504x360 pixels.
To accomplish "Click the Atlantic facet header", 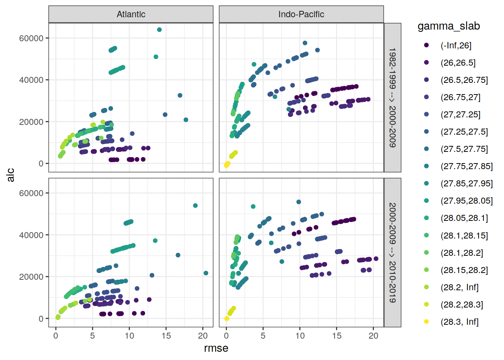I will pyautogui.click(x=131, y=14).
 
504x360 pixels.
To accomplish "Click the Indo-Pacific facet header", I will pyautogui.click(x=301, y=14).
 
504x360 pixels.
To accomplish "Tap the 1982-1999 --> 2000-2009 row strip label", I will pyautogui.click(x=392, y=97).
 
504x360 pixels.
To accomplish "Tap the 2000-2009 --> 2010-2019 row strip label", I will pyautogui.click(x=392, y=252).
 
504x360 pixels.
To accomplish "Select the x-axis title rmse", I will pyautogui.click(x=216, y=348).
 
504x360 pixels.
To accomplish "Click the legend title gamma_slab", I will pyautogui.click(x=448, y=26).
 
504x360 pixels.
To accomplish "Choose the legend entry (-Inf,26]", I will pyautogui.click(x=456, y=45).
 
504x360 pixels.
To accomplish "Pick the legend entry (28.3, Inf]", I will pyautogui.click(x=459, y=322).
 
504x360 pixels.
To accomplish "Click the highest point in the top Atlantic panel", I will pyautogui.click(x=159, y=30).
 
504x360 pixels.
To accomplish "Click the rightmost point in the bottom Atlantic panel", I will pyautogui.click(x=206, y=273).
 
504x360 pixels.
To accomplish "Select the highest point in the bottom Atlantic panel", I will pyautogui.click(x=195, y=205).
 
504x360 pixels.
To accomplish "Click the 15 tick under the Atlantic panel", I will pyautogui.click(x=166, y=336).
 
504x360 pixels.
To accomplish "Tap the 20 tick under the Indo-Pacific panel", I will pyautogui.click(x=373, y=336).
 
